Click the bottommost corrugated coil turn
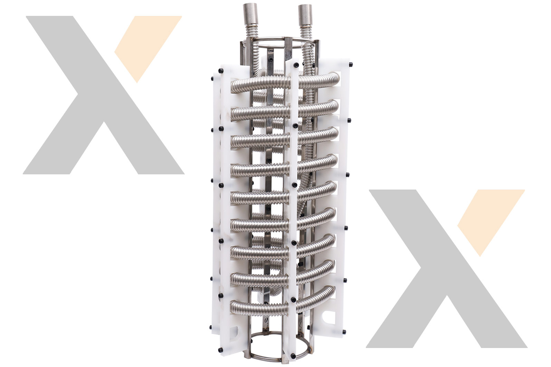click(x=259, y=306)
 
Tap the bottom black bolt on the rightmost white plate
click(x=344, y=331)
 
